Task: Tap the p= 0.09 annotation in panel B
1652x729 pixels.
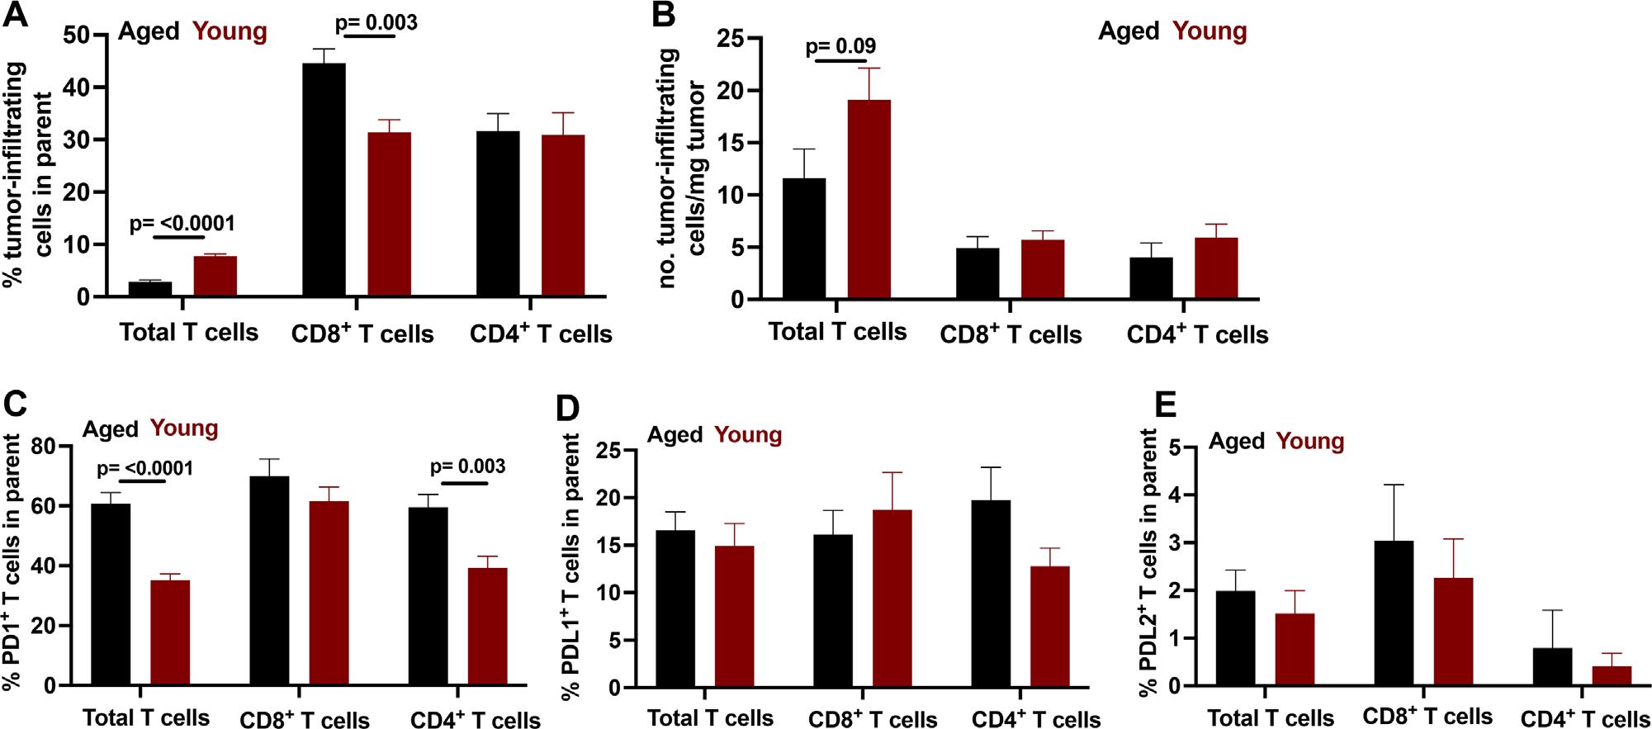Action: pyautogui.click(x=840, y=45)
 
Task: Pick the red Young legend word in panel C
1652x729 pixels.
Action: pyautogui.click(x=184, y=428)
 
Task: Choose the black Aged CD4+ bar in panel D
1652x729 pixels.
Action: pyautogui.click(x=992, y=594)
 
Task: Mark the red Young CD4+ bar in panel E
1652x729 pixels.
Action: pyautogui.click(x=1612, y=675)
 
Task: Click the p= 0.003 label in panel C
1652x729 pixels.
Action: pyautogui.click(x=468, y=466)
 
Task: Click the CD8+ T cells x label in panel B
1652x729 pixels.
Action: pyautogui.click(x=1011, y=334)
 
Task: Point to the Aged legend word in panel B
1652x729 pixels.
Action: pyautogui.click(x=1129, y=31)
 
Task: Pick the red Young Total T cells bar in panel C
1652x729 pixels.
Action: pyautogui.click(x=170, y=632)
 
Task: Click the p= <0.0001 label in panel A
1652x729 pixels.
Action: pyautogui.click(x=182, y=224)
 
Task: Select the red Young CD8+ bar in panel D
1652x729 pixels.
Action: pyautogui.click(x=892, y=599)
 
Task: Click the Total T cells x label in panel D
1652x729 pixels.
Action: pyautogui.click(x=710, y=717)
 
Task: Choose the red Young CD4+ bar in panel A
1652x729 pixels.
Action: pyautogui.click(x=563, y=215)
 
